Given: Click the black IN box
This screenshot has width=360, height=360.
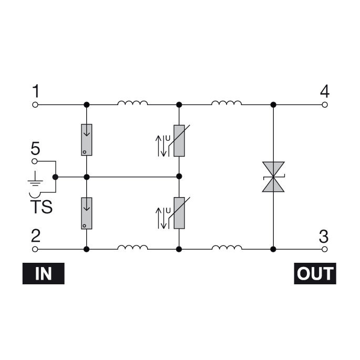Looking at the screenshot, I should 43,274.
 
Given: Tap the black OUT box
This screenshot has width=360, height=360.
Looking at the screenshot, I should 314,274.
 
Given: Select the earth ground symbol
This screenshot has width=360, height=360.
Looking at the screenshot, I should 35,181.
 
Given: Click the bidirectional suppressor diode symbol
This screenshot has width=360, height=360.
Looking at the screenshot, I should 273,177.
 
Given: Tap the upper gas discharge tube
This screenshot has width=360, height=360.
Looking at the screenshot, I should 86,140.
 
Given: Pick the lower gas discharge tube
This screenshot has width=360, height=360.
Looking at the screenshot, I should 86,213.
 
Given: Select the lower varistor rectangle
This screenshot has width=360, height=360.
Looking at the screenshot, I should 179,213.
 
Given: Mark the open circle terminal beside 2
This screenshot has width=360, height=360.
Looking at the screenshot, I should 36,248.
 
